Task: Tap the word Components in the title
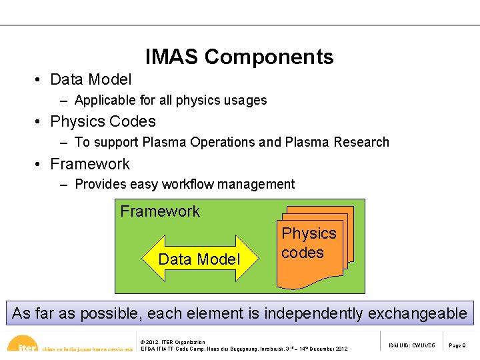269,57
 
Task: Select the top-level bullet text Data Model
91,79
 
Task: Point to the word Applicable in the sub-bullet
105,101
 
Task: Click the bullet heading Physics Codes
103,121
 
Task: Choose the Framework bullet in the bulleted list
90,164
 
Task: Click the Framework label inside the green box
160,211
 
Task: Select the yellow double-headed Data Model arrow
199,259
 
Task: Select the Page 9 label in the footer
457,345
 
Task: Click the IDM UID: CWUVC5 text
412,345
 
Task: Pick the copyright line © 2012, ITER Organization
173,342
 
